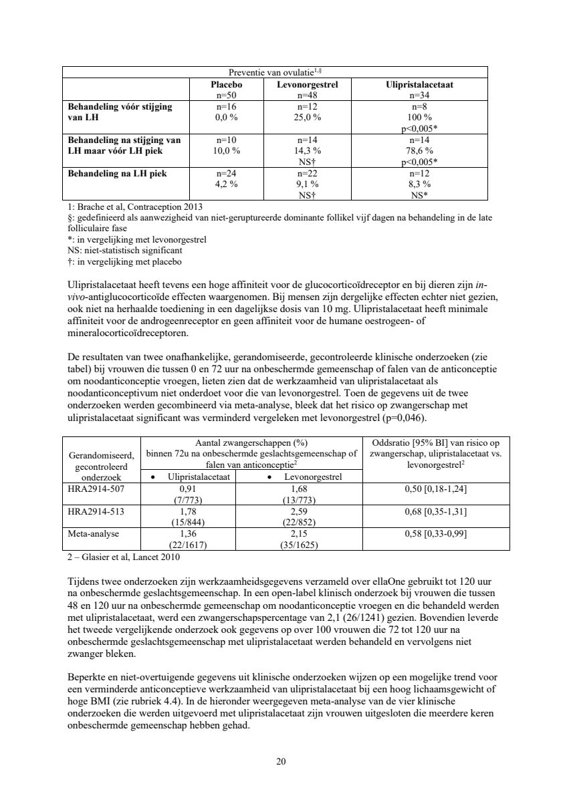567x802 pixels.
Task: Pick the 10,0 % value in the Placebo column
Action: pyautogui.click(x=227, y=150)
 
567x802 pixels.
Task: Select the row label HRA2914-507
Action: pyautogui.click(x=97, y=489)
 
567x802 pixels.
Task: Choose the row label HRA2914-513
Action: pyautogui.click(x=97, y=512)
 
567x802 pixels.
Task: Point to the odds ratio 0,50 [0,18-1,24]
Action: pyautogui.click(x=436, y=489)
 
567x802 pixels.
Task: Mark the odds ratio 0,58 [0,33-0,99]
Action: pyautogui.click(x=436, y=535)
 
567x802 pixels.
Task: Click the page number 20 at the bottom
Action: pyautogui.click(x=281, y=761)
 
